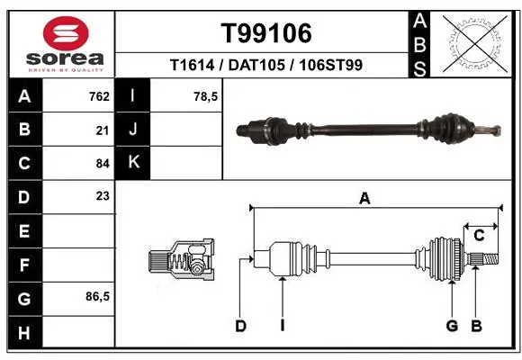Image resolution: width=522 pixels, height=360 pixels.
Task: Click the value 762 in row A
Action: tap(99, 96)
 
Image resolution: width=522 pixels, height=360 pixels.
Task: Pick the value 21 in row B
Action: tap(103, 130)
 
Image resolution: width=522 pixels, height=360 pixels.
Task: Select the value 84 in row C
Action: tap(103, 163)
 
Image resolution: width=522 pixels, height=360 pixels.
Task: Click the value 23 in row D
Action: tap(103, 197)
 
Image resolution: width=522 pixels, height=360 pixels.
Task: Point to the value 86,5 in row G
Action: tap(97, 297)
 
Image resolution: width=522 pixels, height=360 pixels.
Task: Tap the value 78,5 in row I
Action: tap(206, 96)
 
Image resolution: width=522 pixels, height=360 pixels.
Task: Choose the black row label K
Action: tap(133, 163)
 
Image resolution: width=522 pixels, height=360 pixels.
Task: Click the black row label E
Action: tap(24, 231)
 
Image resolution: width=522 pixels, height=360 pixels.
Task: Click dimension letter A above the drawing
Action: tap(364, 200)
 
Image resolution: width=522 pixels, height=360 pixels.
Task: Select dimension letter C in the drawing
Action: tap(480, 235)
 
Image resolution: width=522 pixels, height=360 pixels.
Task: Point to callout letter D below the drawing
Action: tap(241, 326)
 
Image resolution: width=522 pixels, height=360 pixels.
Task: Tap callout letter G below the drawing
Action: tap(452, 326)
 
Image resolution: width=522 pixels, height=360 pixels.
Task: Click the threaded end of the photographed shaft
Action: tap(491, 131)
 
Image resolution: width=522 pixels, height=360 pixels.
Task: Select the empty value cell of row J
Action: tap(187, 130)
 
